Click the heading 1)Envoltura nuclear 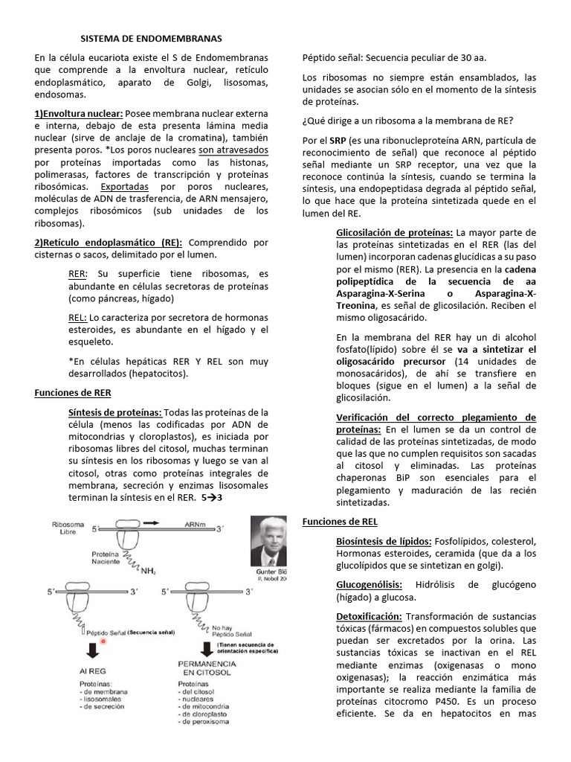pos(79,114)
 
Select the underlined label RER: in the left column pos(77,273)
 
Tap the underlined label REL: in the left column pos(77,316)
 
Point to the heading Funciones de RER pos(73,392)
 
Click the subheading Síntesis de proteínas pos(114,412)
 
